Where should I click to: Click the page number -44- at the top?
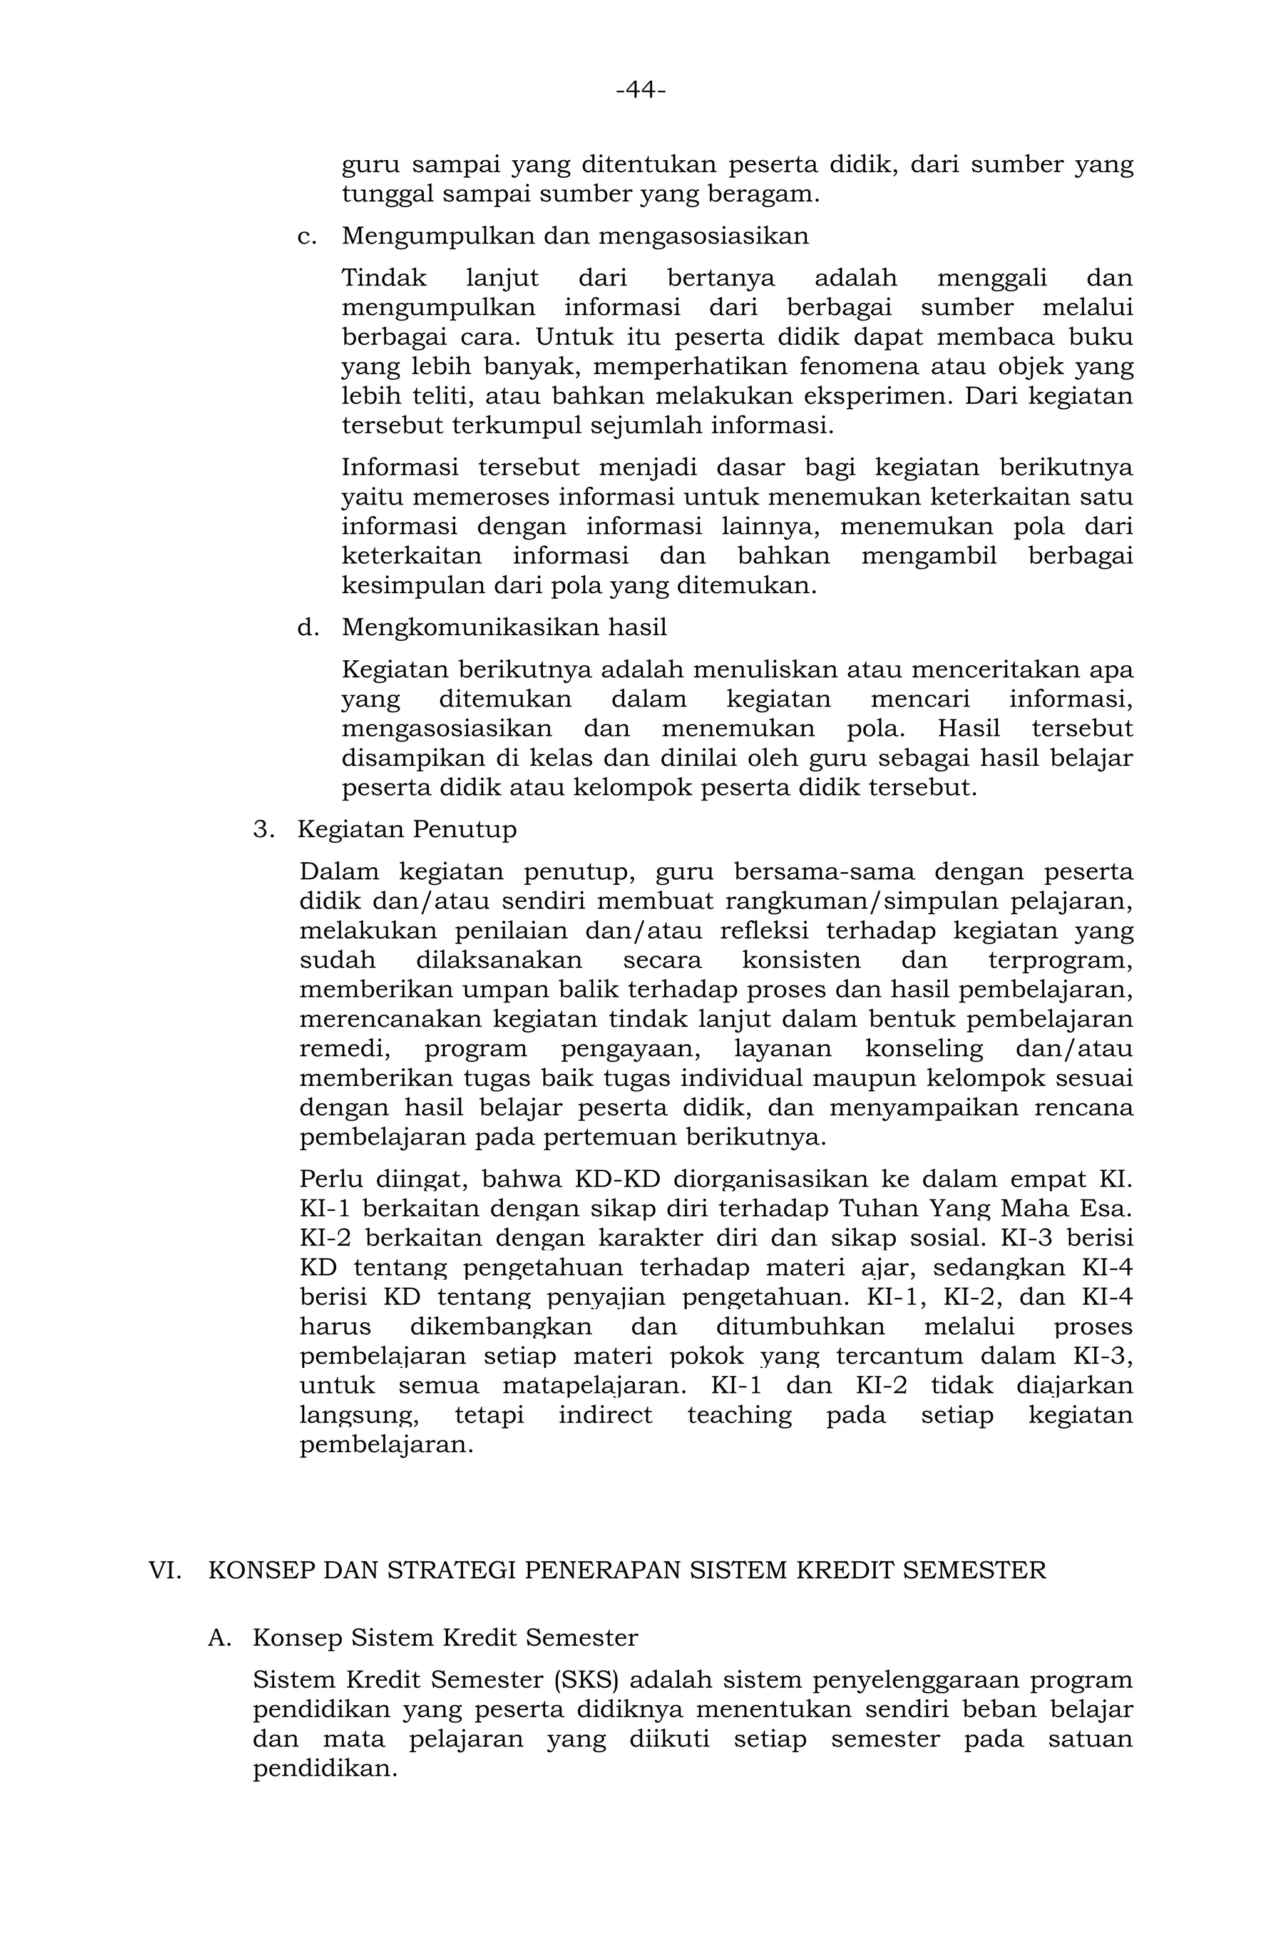pyautogui.click(x=640, y=89)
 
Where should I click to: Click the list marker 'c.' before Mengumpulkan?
pyautogui.click(x=307, y=237)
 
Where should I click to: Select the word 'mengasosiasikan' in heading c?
pyautogui.click(x=703, y=237)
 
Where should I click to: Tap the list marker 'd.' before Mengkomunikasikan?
pyautogui.click(x=307, y=628)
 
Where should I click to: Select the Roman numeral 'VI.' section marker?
pyautogui.click(x=165, y=1571)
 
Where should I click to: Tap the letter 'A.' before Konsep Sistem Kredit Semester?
pyautogui.click(x=220, y=1638)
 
